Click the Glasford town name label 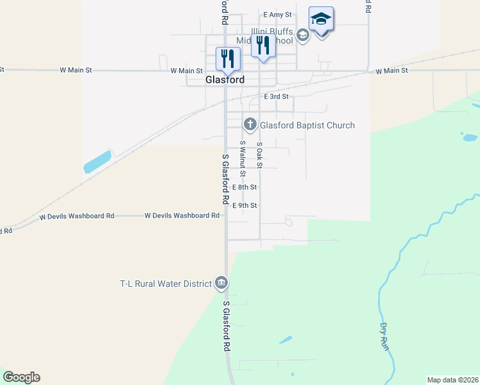tap(225, 80)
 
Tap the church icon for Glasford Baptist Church tap(250, 124)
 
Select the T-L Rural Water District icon tap(221, 283)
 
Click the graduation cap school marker tap(321, 20)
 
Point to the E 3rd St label tap(277, 96)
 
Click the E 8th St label tap(244, 187)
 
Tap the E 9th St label tap(244, 205)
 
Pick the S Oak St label tap(260, 155)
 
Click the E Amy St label tap(277, 14)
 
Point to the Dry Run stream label tap(386, 336)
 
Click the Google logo tap(21, 377)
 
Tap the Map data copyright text tap(452, 380)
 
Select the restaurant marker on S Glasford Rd tap(228, 59)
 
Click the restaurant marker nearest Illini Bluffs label tap(262, 46)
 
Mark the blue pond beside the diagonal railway tap(98, 162)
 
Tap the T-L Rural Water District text tap(166, 284)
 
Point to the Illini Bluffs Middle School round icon tap(303, 35)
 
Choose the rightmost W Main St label tap(392, 71)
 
